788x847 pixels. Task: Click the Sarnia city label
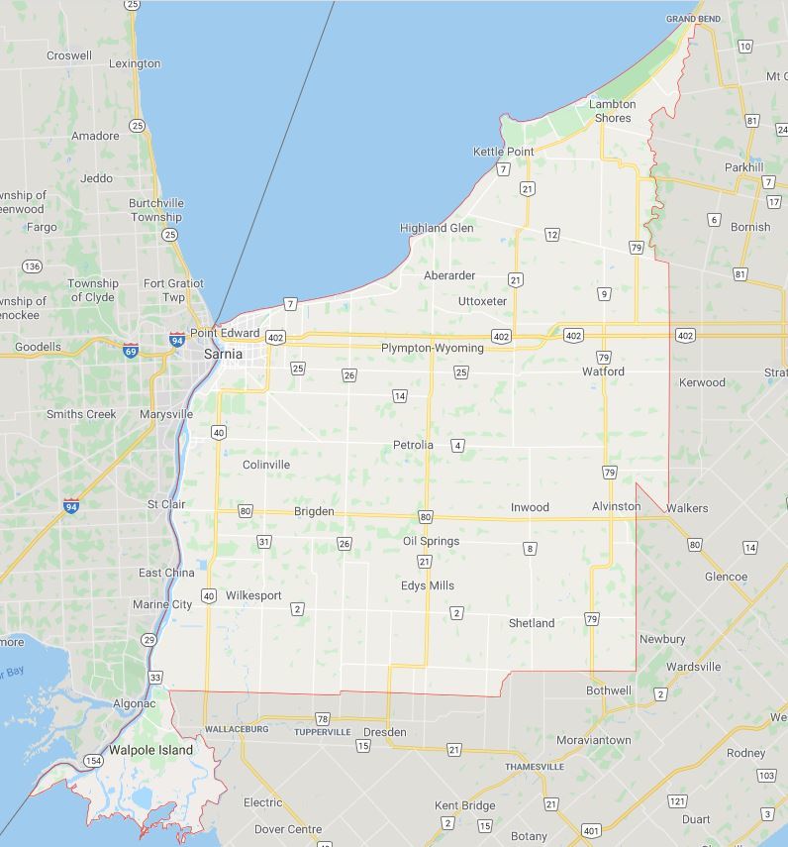point(223,354)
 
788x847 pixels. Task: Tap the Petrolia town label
point(413,445)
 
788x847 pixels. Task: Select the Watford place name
point(603,371)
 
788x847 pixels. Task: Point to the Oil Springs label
point(431,541)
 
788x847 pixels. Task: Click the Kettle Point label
point(503,152)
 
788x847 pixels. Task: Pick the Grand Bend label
point(693,19)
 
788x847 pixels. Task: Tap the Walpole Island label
point(150,750)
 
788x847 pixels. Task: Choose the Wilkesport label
point(253,595)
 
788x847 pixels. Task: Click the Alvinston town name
point(616,506)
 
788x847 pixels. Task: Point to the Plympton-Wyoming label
point(433,348)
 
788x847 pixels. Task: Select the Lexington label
point(135,63)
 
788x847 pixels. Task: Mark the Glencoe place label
point(726,577)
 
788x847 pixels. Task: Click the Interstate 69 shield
point(131,351)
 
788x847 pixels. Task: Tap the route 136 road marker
point(33,266)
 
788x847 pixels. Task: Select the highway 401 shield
point(591,830)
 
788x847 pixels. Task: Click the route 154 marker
point(92,761)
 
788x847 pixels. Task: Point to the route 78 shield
point(322,718)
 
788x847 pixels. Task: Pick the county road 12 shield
point(551,235)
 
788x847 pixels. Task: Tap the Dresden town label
point(385,732)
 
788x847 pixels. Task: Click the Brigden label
point(314,511)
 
